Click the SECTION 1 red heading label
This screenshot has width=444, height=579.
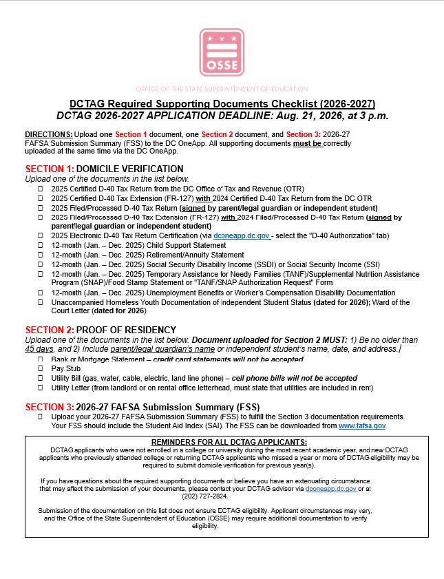pyautogui.click(x=49, y=169)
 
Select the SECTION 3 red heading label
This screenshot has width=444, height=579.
pyautogui.click(x=49, y=406)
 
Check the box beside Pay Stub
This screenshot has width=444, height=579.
pyautogui.click(x=40, y=369)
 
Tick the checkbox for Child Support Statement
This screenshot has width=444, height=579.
pyautogui.click(x=40, y=245)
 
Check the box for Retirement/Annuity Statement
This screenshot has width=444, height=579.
pyautogui.click(x=40, y=255)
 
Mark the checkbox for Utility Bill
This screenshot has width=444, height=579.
pyautogui.click(x=40, y=379)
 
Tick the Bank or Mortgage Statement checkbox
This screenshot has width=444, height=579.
pyautogui.click(x=40, y=359)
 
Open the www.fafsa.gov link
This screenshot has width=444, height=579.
pyautogui.click(x=362, y=426)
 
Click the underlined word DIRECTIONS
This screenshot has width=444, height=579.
pyautogui.click(x=48, y=134)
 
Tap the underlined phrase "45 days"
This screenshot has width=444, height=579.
pyautogui.click(x=39, y=349)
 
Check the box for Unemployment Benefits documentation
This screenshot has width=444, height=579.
pyautogui.click(x=40, y=293)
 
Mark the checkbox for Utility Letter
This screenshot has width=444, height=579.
pyautogui.click(x=40, y=388)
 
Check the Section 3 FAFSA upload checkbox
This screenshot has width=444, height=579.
pyautogui.click(x=40, y=417)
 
